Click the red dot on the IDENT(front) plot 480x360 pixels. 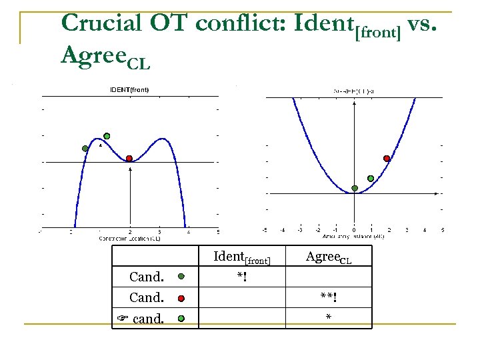tap(129, 158)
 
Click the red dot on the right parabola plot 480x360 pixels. tap(387, 158)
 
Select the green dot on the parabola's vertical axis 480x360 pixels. tap(355, 188)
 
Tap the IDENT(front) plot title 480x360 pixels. tap(129, 90)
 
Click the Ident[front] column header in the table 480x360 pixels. tap(241, 257)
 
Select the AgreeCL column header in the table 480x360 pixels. tap(328, 257)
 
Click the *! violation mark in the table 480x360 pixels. tap(241, 275)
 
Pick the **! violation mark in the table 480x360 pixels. tap(328, 297)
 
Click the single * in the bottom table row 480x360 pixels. tap(328, 318)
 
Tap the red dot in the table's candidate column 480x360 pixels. tap(181, 298)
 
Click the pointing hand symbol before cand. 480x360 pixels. tap(122, 319)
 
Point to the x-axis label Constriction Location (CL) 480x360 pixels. tap(129, 238)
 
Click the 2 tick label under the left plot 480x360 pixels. tap(130, 232)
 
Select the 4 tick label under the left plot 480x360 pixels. tap(189, 232)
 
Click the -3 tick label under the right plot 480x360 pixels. tap(300, 231)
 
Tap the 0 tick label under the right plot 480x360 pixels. tap(354, 231)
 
